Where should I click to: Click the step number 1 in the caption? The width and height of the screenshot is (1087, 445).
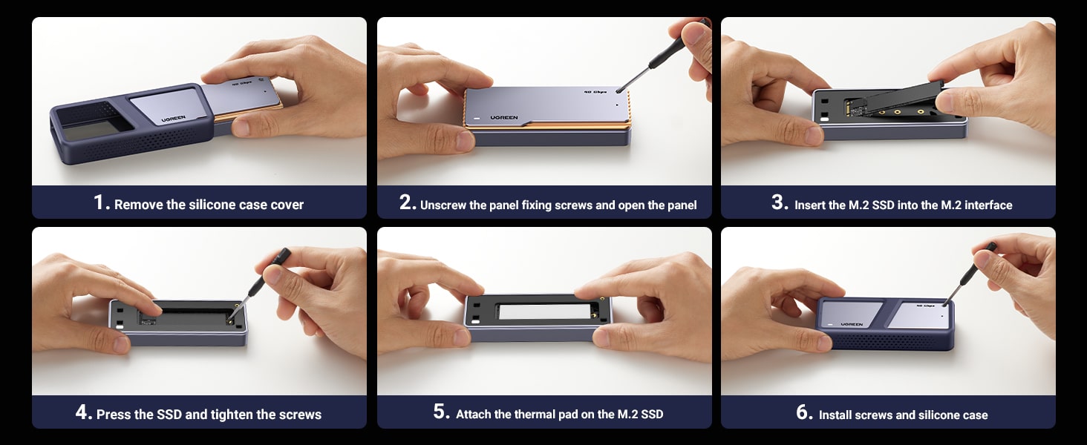[x=99, y=202]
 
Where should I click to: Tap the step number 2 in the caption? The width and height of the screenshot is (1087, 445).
[x=405, y=202]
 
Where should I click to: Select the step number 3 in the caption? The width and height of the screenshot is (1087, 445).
[x=777, y=202]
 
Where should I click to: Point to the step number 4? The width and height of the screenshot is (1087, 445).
[x=81, y=412]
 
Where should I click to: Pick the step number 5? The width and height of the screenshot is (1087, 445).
[x=439, y=412]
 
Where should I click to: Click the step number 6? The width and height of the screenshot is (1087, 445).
[x=802, y=412]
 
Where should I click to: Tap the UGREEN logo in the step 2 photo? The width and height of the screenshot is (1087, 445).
[x=503, y=117]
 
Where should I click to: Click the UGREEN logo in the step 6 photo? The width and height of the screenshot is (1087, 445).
[x=852, y=324]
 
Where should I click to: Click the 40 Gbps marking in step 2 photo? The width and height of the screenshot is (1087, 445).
[x=595, y=92]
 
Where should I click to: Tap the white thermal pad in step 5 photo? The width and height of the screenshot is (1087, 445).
[x=544, y=311]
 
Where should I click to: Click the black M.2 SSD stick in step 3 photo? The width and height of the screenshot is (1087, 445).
[x=894, y=100]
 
